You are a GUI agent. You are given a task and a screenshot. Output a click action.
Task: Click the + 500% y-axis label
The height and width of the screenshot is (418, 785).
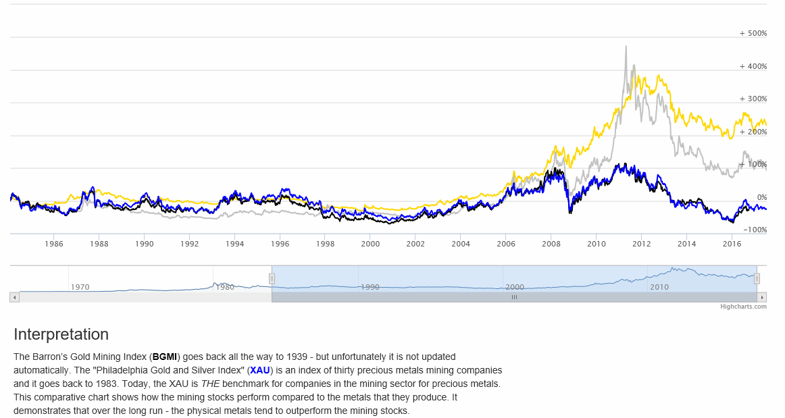[753, 33]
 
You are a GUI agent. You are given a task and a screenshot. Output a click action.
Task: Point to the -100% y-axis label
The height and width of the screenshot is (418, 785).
[755, 230]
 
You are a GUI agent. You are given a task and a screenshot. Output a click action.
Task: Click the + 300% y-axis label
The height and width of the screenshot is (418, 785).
[753, 99]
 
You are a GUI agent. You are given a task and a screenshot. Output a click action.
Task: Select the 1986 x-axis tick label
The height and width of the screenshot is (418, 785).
[54, 243]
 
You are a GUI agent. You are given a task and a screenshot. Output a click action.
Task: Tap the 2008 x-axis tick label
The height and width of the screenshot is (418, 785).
[551, 243]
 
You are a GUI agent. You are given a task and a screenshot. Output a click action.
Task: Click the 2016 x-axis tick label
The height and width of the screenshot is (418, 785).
[732, 243]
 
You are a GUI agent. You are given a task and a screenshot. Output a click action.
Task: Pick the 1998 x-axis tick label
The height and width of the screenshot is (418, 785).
[325, 243]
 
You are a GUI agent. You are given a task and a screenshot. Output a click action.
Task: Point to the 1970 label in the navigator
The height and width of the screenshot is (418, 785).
[80, 287]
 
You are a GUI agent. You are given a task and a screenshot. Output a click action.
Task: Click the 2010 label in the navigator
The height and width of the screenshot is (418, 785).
[659, 287]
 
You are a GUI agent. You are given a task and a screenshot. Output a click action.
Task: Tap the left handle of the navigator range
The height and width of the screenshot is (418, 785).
[272, 278]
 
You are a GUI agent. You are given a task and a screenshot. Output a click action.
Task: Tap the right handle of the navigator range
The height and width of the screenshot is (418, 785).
[757, 278]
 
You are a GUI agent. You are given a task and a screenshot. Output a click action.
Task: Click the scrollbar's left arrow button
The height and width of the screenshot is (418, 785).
[14, 297]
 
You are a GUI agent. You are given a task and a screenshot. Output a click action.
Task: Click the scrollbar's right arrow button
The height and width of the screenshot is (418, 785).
[762, 297]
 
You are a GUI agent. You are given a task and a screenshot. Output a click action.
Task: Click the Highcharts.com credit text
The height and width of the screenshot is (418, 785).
[743, 307]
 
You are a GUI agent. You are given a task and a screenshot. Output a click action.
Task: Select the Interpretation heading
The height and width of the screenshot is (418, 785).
[61, 334]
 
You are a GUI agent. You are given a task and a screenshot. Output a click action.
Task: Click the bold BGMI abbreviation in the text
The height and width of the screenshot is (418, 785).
[165, 356]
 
